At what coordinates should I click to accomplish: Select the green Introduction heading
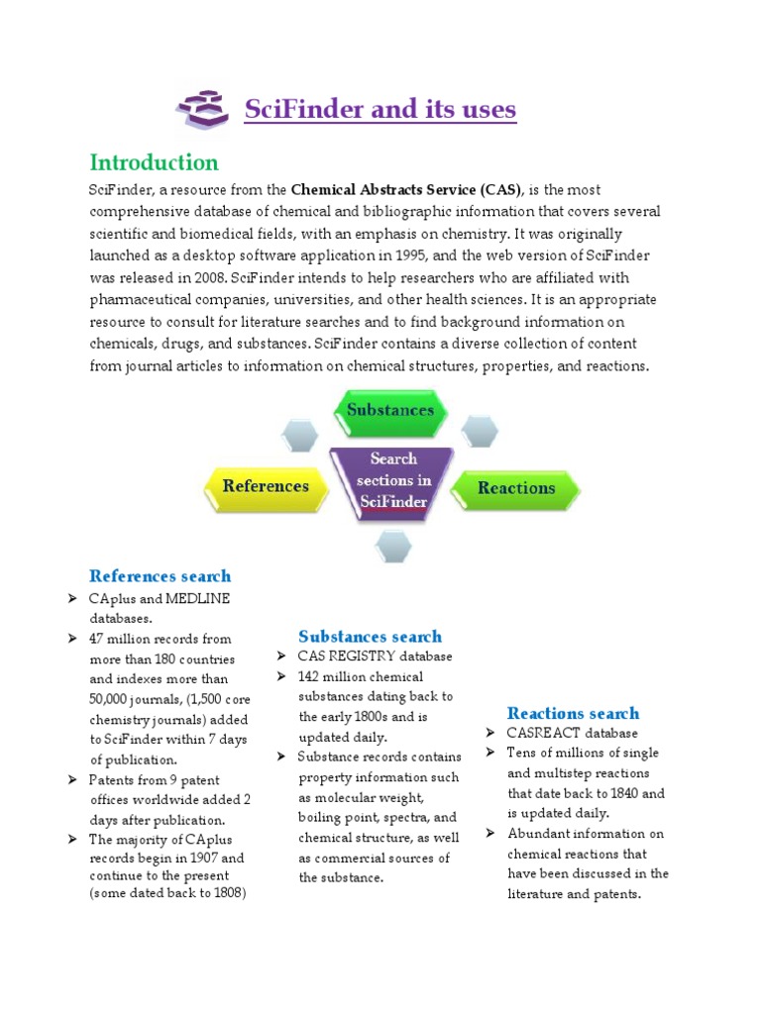point(154,161)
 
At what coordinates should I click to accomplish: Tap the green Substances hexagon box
point(389,410)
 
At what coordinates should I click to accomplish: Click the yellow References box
point(265,486)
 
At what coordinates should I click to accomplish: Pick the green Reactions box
point(516,487)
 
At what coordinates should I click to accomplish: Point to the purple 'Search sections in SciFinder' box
point(393,480)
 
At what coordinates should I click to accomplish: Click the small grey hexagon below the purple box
point(393,546)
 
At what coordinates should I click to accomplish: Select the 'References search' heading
point(160,576)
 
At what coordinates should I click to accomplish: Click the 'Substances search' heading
point(370,637)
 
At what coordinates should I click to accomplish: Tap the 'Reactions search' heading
point(573,713)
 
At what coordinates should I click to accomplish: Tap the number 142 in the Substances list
point(311,677)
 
